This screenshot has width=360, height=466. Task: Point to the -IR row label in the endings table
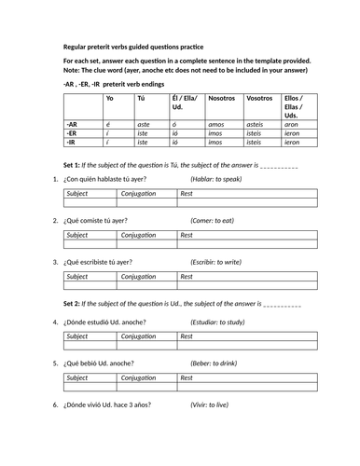pos(71,143)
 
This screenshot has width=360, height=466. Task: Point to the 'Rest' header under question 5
pos(187,378)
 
